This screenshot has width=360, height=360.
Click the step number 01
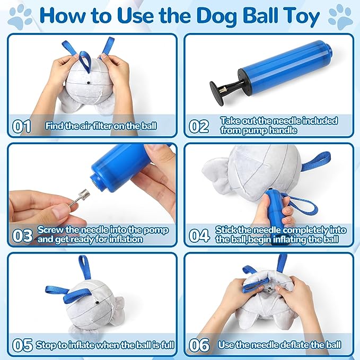[22, 126]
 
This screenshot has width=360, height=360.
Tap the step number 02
[199, 126]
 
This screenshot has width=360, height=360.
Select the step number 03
[22, 235]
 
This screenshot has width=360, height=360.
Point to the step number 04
[199, 235]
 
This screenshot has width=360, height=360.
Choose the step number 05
[22, 345]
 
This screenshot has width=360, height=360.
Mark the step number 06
[199, 345]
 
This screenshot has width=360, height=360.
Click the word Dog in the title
[216, 16]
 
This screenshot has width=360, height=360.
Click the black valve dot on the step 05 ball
[97, 303]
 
